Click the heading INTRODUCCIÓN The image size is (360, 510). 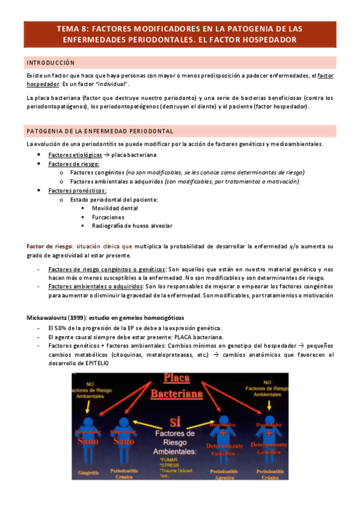[x=51, y=63]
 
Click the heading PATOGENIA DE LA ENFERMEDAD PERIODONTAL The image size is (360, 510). [x=100, y=131]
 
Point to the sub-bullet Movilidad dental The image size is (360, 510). [x=114, y=207]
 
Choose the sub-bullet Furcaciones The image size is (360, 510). [x=108, y=217]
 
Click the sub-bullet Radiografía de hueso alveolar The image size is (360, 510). [x=132, y=226]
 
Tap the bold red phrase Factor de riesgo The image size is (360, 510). [x=50, y=247]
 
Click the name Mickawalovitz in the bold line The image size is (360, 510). [x=49, y=317]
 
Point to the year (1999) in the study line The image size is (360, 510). [x=82, y=317]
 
